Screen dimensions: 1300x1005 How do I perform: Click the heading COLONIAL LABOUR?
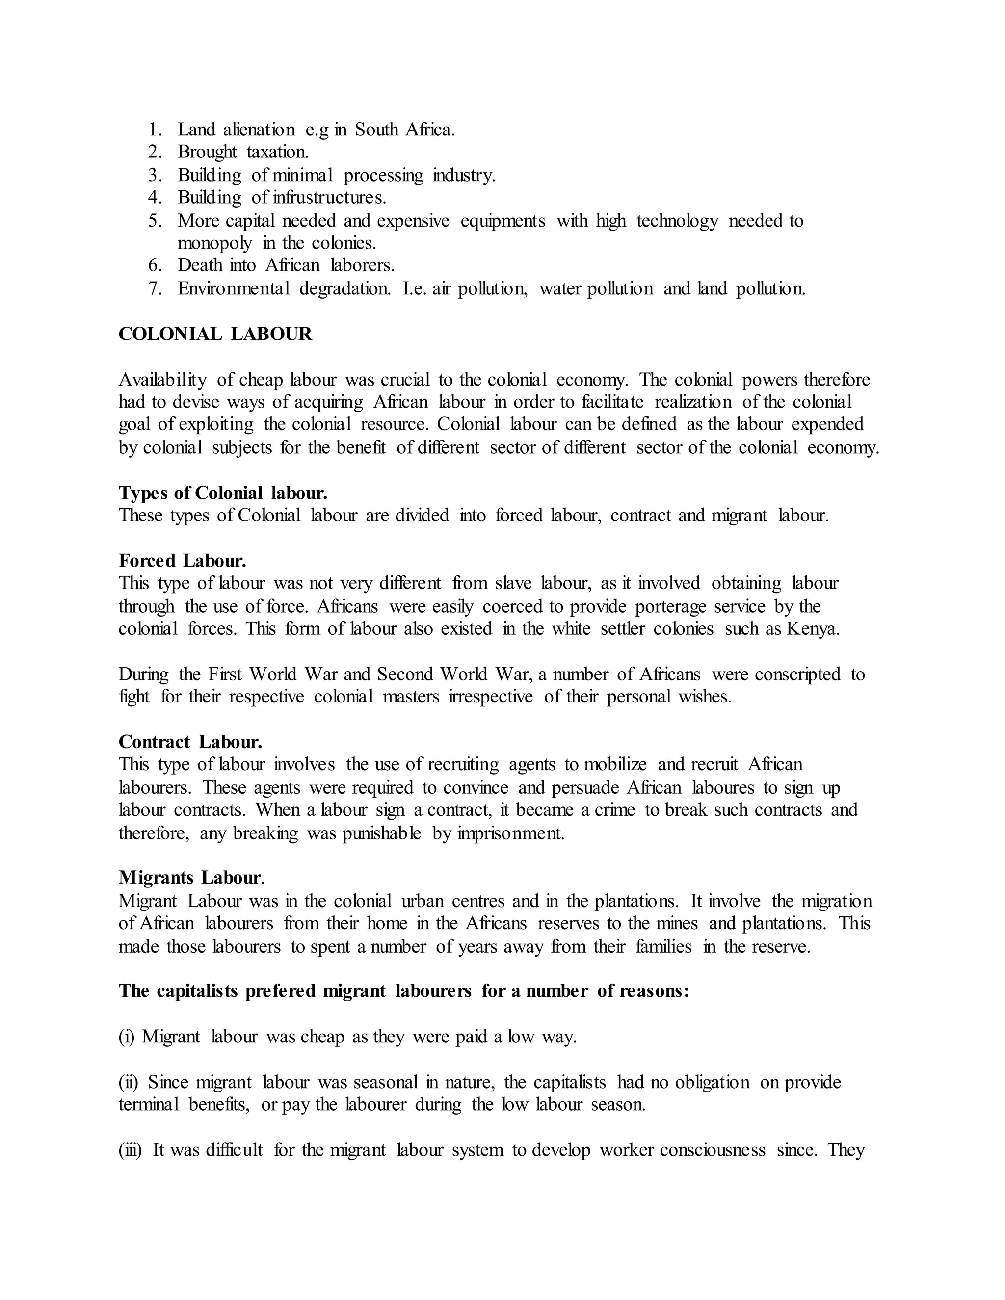tap(215, 335)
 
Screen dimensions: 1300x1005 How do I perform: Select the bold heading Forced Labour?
tap(182, 561)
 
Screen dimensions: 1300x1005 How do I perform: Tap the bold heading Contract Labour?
tap(190, 742)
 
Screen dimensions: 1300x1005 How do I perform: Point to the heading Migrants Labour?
tap(190, 878)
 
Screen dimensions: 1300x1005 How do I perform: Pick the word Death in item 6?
tap(199, 265)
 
